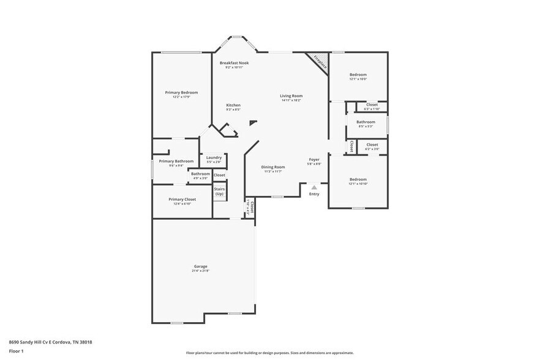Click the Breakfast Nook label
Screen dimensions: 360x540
pos(234,63)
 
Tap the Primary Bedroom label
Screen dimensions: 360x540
pos(181,92)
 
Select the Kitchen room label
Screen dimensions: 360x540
pos(233,105)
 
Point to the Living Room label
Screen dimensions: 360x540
pos(291,96)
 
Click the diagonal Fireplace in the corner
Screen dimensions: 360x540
pos(318,62)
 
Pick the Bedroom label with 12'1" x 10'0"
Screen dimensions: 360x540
pos(358,75)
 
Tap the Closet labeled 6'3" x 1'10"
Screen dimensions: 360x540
pos(372,105)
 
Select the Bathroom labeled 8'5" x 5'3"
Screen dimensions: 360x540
pos(366,122)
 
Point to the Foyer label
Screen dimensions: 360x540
pos(313,160)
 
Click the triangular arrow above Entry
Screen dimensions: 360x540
pos(314,187)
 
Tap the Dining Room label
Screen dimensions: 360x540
pos(273,167)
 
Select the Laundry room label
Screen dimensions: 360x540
pos(214,158)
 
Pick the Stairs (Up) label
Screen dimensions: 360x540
pos(219,191)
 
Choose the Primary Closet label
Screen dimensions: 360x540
pos(182,200)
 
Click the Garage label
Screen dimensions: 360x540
pos(201,266)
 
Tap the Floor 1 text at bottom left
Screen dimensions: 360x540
pos(16,351)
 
